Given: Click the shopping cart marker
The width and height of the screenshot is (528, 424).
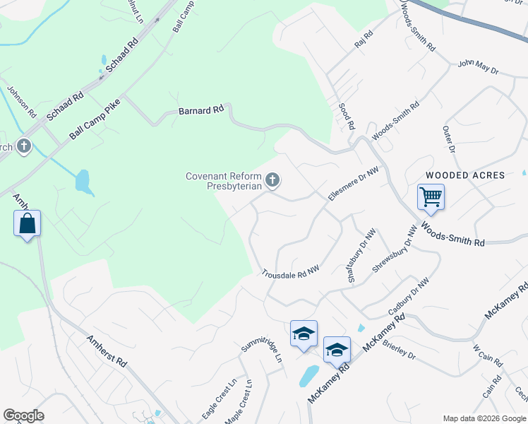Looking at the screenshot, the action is pos(431,197).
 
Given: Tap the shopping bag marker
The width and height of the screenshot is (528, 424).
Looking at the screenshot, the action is pos(27,223).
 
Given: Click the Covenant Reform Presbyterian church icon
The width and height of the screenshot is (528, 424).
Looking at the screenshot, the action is pos(272,182).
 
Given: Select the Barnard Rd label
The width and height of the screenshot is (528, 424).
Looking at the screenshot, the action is pos(201,110).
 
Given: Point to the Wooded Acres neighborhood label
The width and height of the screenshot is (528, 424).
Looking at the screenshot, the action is pos(465,175).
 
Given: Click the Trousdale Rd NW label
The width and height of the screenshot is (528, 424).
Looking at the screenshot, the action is pos(291,271).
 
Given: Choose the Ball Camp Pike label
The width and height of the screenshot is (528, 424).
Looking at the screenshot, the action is pos(95,119).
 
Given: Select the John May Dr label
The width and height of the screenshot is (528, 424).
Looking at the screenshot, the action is pos(478,68).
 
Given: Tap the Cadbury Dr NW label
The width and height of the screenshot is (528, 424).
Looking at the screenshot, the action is pos(409,297).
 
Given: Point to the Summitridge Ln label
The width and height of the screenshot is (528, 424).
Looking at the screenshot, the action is pos(262,350).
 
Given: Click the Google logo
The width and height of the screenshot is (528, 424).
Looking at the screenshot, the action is pos(23,416).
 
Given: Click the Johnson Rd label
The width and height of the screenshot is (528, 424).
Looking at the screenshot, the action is pos(21,102).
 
